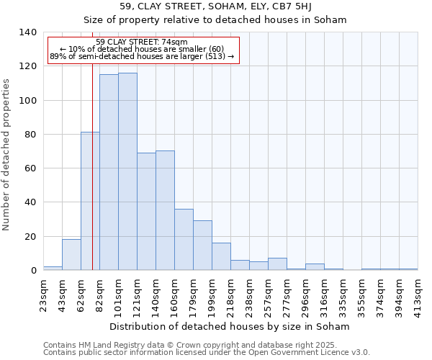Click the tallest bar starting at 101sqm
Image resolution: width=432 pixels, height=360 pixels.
pyautogui.click(x=127, y=171)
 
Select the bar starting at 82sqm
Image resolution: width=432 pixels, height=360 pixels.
pyautogui.click(x=109, y=172)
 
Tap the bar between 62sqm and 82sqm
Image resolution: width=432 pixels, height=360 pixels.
pyautogui.click(x=90, y=201)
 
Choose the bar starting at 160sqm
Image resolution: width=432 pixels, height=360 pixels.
pyautogui.click(x=184, y=239)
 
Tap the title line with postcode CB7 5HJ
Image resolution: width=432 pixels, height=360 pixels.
pyautogui.click(x=215, y=6)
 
